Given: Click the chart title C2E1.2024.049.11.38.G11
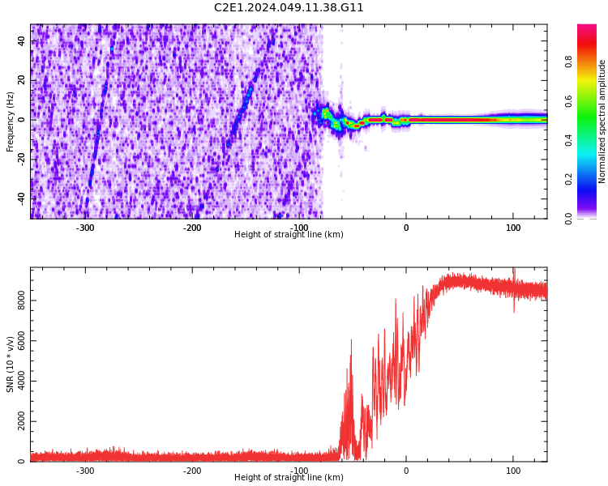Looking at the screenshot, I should coord(289,8).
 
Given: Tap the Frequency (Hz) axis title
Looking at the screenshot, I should coord(11,122).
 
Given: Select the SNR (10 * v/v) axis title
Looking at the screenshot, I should coord(11,364).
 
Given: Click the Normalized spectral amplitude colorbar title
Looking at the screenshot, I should coord(602,122).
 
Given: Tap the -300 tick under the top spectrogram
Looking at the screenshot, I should coord(85,228).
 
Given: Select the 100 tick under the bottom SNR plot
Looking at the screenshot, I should coord(513,471).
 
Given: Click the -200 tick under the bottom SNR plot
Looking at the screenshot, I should coord(192,471).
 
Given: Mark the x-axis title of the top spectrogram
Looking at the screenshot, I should coord(289,235).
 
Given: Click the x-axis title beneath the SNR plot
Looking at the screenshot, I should coord(289,478).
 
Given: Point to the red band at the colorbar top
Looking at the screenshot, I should coord(586,32).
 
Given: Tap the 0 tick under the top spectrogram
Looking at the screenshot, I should coord(406,228).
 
